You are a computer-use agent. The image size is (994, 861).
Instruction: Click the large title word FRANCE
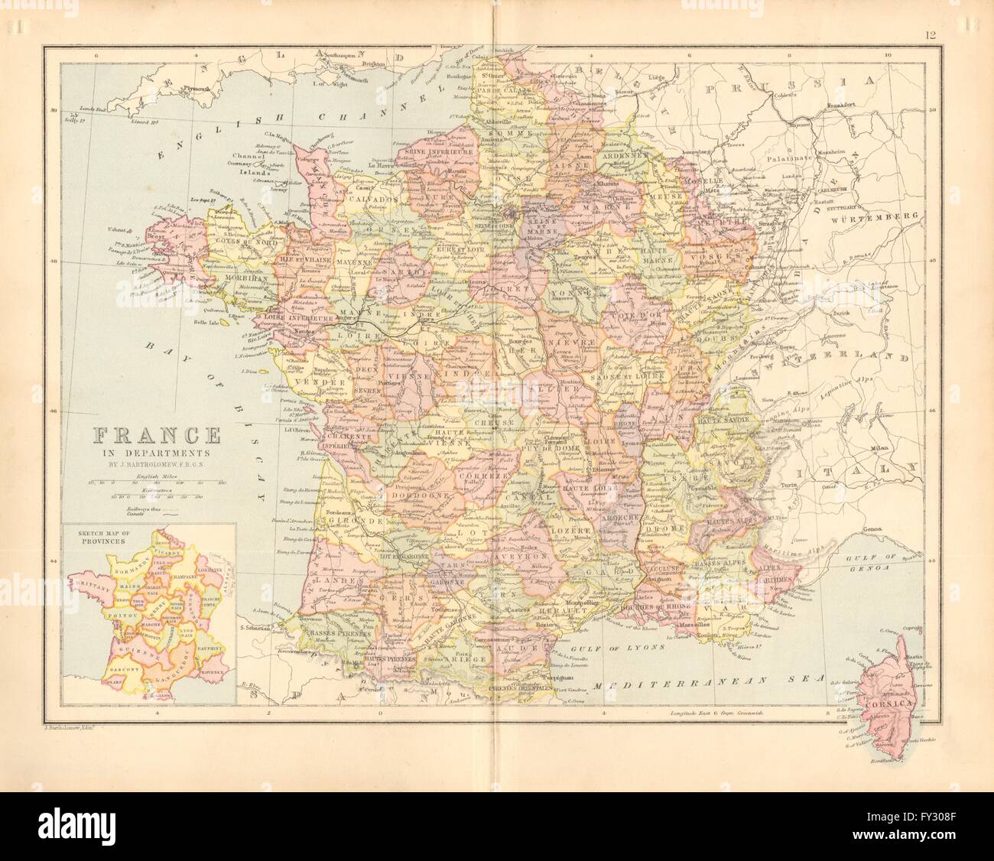point(157,437)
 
